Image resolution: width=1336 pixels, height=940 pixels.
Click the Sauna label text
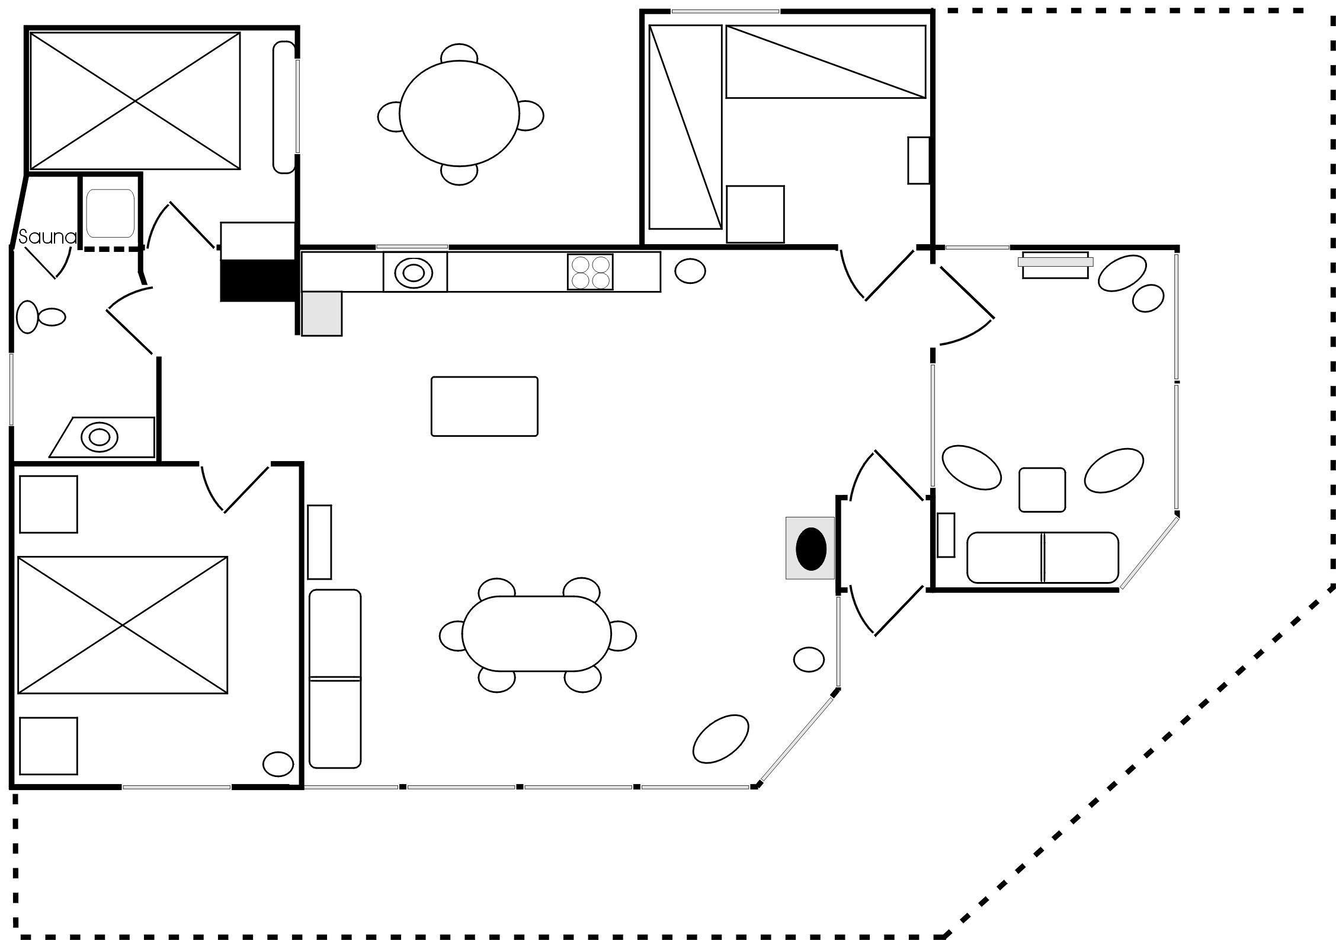point(47,238)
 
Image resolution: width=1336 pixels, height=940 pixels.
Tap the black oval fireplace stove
point(810,549)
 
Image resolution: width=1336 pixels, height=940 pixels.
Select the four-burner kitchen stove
point(589,272)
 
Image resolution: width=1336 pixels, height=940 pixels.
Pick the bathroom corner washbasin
point(99,437)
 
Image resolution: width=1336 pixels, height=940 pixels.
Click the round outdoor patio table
point(459,114)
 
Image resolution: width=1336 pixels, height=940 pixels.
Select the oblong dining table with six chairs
point(537,634)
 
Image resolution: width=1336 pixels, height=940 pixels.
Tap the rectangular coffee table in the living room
point(485,407)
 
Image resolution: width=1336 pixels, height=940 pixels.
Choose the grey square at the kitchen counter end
point(322,314)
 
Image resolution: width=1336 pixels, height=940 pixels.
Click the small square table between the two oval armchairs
point(1042,490)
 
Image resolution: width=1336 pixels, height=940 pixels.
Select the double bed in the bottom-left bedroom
point(123,625)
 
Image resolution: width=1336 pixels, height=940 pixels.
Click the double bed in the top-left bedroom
point(135,101)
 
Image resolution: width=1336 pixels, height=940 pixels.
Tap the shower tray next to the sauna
point(110,213)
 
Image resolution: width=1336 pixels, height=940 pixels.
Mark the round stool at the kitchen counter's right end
point(690,271)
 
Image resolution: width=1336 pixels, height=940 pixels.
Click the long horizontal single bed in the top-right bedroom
point(826,62)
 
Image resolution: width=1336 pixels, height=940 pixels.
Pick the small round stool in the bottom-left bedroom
point(278,765)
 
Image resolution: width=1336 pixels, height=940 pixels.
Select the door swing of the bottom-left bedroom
point(234,489)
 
